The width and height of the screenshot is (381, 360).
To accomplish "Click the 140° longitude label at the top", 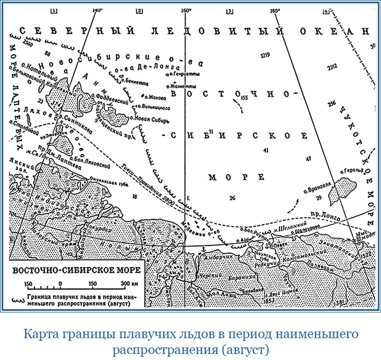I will point(98,10).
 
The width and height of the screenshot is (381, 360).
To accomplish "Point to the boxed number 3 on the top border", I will point(229,10).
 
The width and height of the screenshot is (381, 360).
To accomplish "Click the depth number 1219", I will point(266,55).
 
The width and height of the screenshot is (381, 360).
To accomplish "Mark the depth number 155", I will point(244,97).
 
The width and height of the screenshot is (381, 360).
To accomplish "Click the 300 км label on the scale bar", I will point(130,284).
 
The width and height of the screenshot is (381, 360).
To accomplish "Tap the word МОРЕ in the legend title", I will point(124,270).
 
